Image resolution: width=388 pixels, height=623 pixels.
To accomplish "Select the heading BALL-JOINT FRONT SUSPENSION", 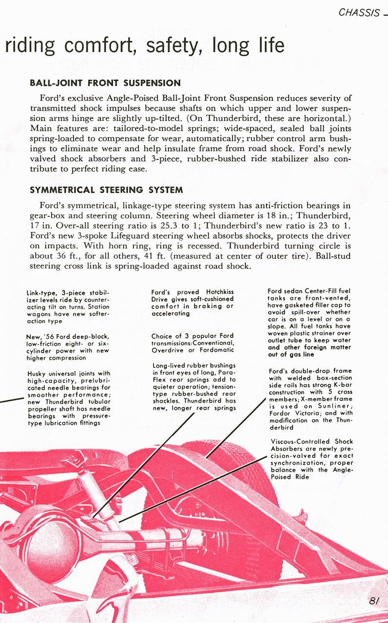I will coord(105,83).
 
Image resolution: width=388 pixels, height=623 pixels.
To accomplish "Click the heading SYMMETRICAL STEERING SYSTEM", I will coord(106,189).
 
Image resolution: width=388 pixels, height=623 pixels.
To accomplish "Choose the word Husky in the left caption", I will coord(38,374).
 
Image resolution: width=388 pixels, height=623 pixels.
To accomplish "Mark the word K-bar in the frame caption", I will coord(343,385).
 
